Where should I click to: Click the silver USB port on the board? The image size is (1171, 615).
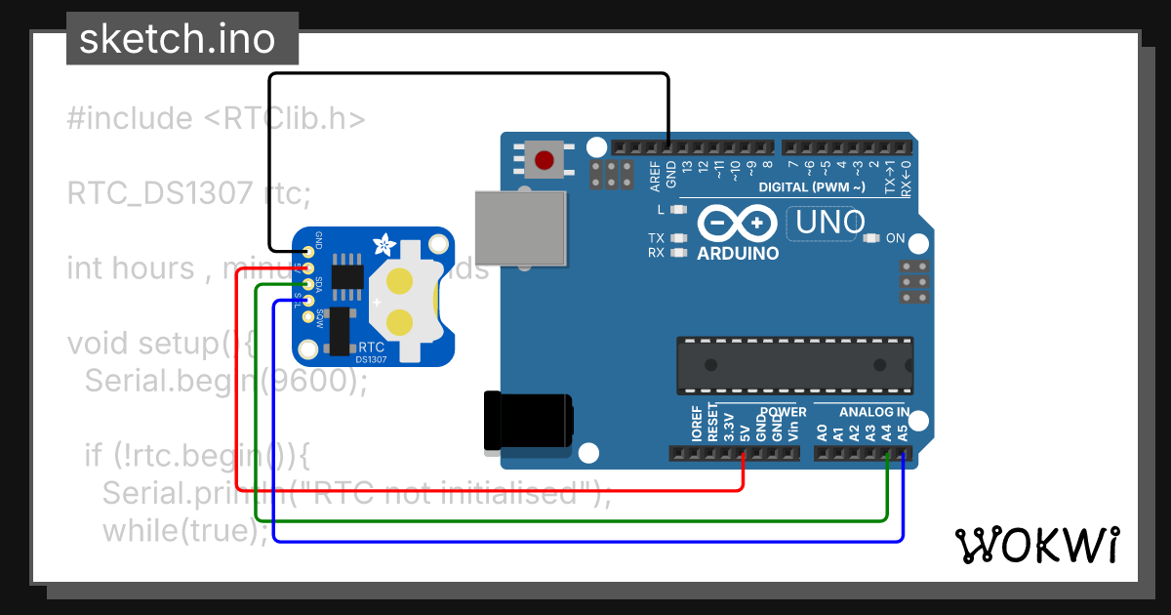point(519,226)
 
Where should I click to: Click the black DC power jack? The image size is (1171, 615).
point(528,420)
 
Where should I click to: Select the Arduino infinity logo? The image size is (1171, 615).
point(737,224)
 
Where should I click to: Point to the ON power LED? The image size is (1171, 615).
point(871,238)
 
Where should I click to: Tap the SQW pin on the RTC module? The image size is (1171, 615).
point(308,316)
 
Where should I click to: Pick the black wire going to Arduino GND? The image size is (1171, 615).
point(468,73)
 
